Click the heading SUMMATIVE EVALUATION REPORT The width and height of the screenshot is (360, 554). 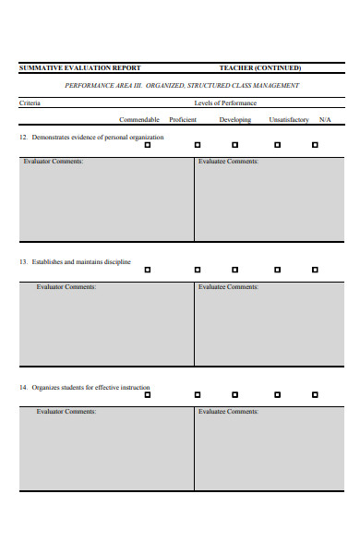tap(80, 67)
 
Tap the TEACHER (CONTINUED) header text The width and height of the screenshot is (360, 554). tap(259, 67)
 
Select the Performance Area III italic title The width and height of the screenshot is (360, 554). tap(182, 86)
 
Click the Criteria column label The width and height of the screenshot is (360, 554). tap(30, 103)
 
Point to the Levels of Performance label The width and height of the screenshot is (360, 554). tap(225, 103)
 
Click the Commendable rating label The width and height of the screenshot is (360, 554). tap(139, 120)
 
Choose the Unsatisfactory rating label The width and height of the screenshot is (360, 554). tap(289, 120)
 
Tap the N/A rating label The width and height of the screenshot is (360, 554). tap(325, 120)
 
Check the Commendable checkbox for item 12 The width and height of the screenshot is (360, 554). tap(146, 145)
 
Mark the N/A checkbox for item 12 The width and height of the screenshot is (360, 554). tap(315, 145)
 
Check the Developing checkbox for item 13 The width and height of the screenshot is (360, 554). tap(234, 270)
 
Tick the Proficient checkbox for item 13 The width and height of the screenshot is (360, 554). tap(198, 270)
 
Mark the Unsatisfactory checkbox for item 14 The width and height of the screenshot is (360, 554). tap(275, 394)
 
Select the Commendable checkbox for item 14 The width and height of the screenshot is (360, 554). tap(146, 394)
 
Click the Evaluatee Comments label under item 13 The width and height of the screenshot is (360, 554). tap(228, 286)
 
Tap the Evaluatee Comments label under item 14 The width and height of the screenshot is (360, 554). tap(228, 411)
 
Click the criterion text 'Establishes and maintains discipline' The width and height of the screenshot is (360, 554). tap(81, 262)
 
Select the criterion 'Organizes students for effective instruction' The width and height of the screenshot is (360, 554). tap(90, 387)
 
